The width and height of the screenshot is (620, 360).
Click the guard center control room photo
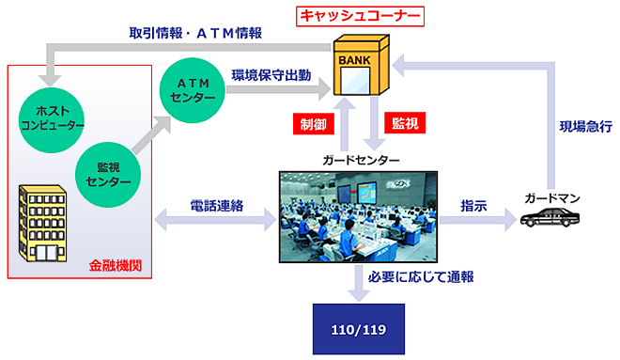click(360, 216)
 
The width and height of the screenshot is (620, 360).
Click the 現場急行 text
click(586, 126)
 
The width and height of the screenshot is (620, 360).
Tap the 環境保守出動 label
click(271, 73)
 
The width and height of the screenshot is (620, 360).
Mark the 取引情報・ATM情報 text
click(195, 33)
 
